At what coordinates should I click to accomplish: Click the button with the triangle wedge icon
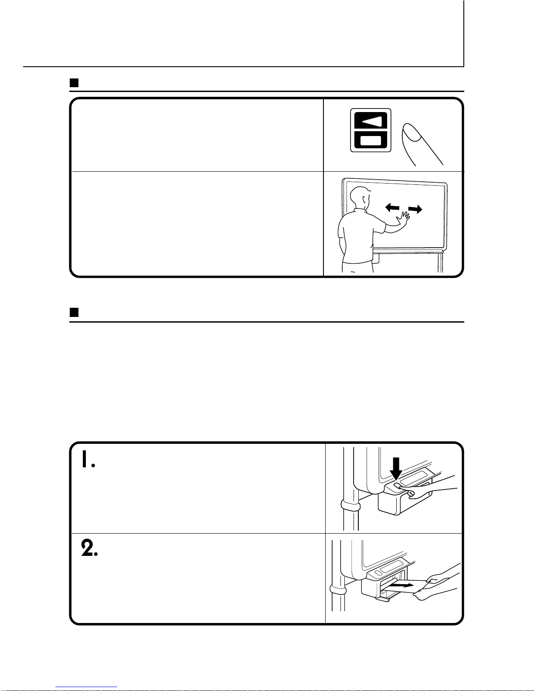(x=371, y=121)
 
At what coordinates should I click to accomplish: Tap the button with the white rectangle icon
(x=371, y=140)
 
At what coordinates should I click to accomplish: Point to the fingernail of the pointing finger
(x=412, y=132)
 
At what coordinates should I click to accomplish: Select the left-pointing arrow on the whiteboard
(x=392, y=208)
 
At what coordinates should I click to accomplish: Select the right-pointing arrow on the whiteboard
(x=415, y=209)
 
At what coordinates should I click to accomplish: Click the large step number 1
(x=88, y=459)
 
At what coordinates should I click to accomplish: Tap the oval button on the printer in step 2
(x=378, y=573)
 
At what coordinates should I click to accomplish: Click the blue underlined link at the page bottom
(x=86, y=687)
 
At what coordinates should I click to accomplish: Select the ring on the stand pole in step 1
(x=350, y=505)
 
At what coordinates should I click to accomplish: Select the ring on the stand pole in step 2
(x=338, y=590)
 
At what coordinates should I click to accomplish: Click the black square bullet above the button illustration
(x=74, y=83)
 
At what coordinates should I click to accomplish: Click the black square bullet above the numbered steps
(x=74, y=312)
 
